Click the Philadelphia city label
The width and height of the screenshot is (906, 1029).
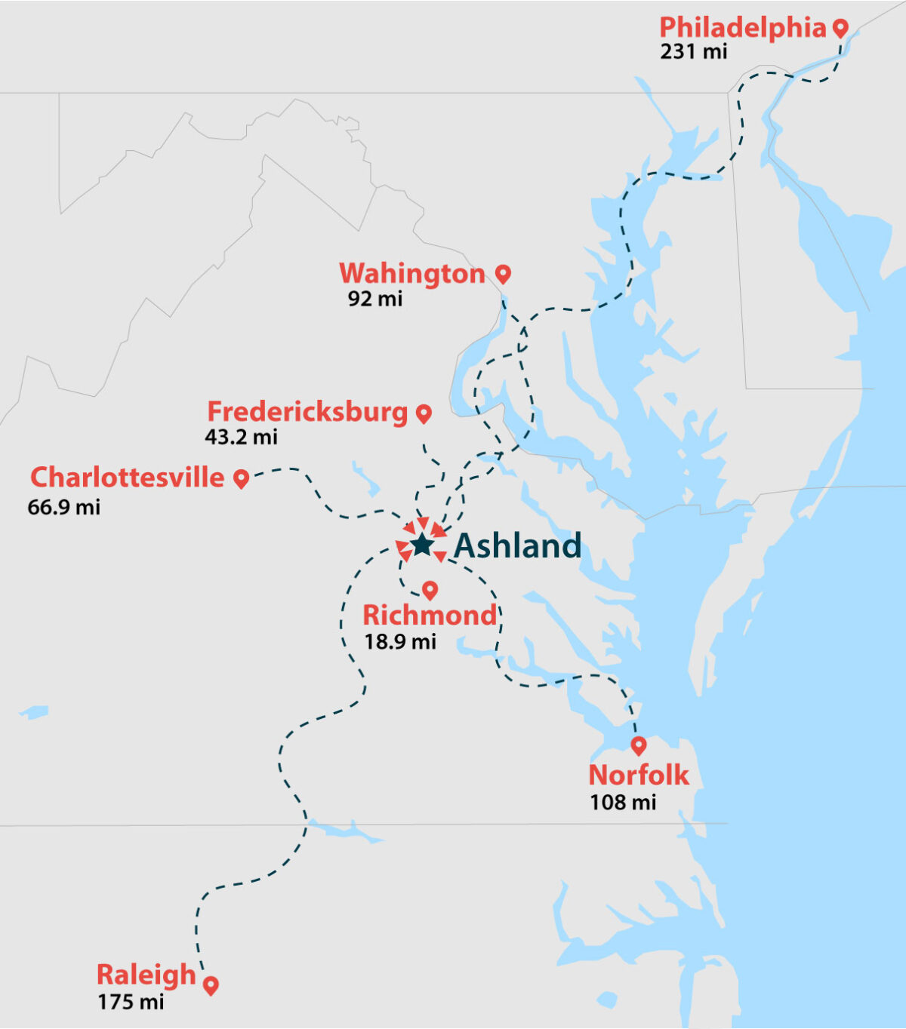(742, 28)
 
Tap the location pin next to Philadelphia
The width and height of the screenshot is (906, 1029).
(840, 28)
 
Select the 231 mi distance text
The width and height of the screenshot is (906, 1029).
(693, 51)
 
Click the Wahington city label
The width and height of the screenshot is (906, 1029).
(411, 274)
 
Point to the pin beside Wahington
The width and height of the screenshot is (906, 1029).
(503, 274)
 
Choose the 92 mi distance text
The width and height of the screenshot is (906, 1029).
(374, 299)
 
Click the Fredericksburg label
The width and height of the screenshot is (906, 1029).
(307, 412)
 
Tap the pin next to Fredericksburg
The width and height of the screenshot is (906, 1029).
(424, 413)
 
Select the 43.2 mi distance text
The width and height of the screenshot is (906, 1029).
(241, 437)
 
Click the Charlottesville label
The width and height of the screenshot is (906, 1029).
(127, 478)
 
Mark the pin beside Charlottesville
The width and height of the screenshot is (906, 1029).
(241, 478)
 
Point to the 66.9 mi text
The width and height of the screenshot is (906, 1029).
(63, 507)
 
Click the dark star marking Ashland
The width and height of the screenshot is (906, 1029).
(421, 544)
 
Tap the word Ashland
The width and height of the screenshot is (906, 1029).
(518, 545)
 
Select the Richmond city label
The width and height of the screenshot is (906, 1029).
(430, 616)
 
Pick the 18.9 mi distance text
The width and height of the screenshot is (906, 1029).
(400, 642)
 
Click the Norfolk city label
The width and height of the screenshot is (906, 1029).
(638, 775)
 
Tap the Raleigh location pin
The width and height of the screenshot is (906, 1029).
(211, 984)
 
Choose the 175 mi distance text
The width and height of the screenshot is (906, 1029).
(130, 1003)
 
